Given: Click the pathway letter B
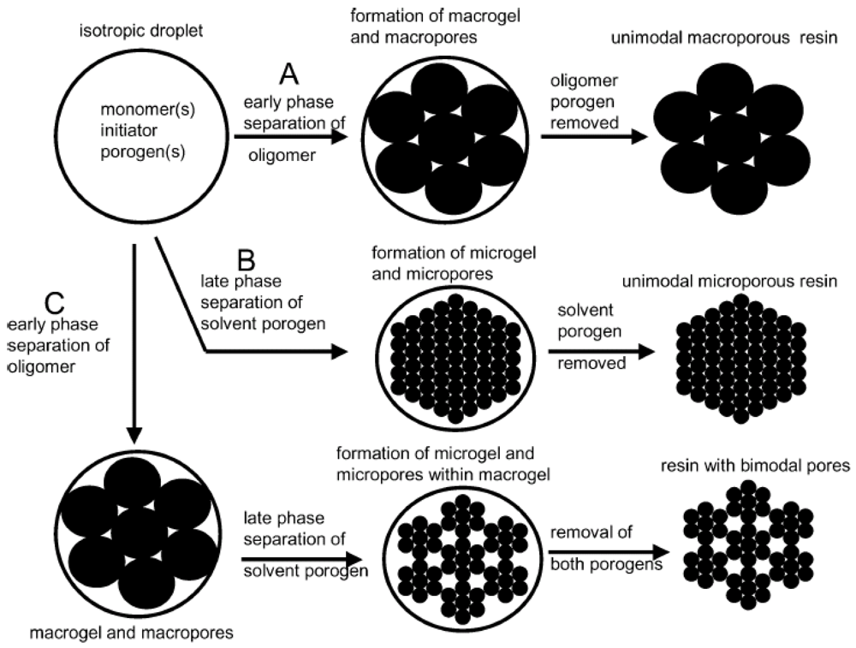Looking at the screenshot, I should [x=246, y=259].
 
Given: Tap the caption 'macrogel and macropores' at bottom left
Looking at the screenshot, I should [x=128, y=633].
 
